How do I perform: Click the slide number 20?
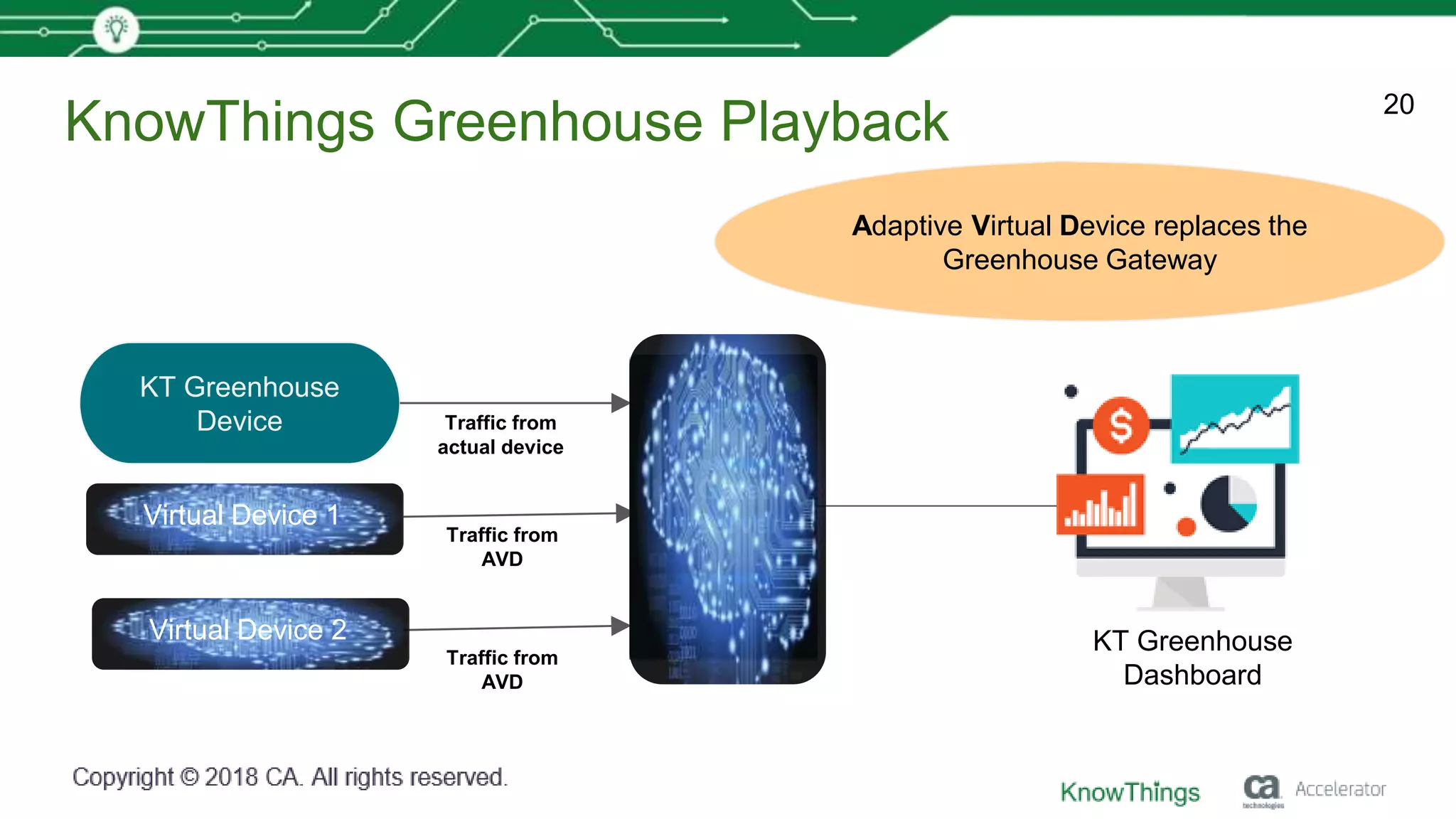(x=1398, y=105)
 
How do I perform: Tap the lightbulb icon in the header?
(x=116, y=29)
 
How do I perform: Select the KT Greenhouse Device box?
(x=240, y=403)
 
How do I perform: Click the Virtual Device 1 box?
(x=244, y=518)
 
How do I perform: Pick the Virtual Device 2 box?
(x=250, y=633)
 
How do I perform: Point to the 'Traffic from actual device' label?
(x=500, y=434)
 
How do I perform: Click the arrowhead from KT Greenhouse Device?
(x=620, y=403)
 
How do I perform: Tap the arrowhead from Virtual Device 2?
(x=620, y=626)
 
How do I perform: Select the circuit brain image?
(x=727, y=509)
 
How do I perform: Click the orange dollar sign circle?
(x=1120, y=425)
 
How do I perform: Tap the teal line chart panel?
(x=1234, y=419)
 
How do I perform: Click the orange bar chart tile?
(x=1100, y=504)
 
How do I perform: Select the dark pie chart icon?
(x=1228, y=503)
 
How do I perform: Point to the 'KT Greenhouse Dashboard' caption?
(x=1192, y=658)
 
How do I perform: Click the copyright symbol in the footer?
(x=189, y=777)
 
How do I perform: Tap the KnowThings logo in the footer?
(x=1130, y=792)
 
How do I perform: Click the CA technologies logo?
(x=1262, y=790)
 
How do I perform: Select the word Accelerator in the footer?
(x=1340, y=789)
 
